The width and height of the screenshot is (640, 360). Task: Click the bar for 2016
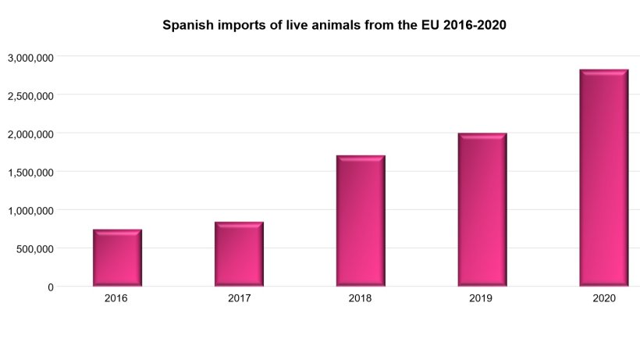pyautogui.click(x=117, y=258)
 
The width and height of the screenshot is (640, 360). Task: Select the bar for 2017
pyautogui.click(x=239, y=254)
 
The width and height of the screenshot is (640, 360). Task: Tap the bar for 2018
pyautogui.click(x=361, y=220)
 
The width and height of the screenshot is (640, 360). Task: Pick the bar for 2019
pyautogui.click(x=482, y=209)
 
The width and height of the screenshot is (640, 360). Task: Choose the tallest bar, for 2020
pyautogui.click(x=604, y=177)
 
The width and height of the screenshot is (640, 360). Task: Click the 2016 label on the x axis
pyautogui.click(x=116, y=298)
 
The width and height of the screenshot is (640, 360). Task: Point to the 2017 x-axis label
pyautogui.click(x=239, y=298)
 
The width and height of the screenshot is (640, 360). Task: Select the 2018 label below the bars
pyautogui.click(x=360, y=298)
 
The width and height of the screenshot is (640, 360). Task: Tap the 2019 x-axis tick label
pyautogui.click(x=481, y=298)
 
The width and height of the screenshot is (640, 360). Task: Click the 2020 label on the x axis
pyautogui.click(x=604, y=298)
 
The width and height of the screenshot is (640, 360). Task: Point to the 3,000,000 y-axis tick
pyautogui.click(x=30, y=58)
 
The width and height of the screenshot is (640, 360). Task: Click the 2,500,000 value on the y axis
pyautogui.click(x=30, y=96)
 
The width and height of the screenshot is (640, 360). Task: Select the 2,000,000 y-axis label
pyautogui.click(x=30, y=134)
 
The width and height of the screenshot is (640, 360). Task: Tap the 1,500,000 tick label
pyautogui.click(x=30, y=173)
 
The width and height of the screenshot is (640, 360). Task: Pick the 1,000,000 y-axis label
pyautogui.click(x=30, y=211)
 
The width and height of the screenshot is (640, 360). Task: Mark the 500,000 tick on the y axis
pyautogui.click(x=34, y=249)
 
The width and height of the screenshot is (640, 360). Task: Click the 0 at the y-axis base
pyautogui.click(x=51, y=287)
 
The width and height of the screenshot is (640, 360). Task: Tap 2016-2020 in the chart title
pyautogui.click(x=475, y=25)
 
